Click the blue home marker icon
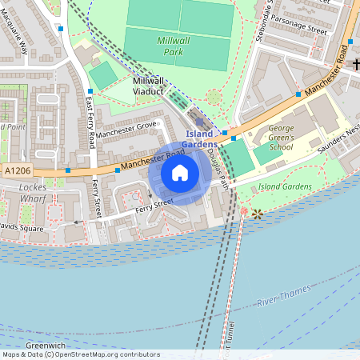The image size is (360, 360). pos(180,173)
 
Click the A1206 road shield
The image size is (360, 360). pos(18,171)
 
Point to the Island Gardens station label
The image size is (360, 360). pos(200,138)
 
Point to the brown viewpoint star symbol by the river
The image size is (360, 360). pos(258,214)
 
